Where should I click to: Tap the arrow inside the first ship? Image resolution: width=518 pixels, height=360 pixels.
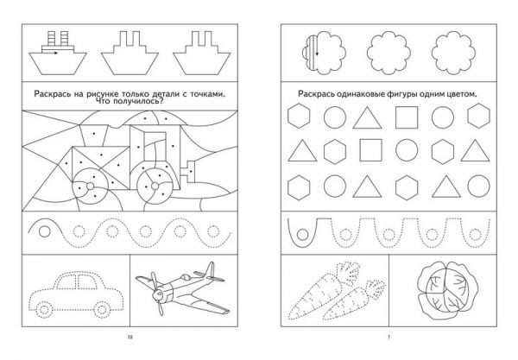coord(50,53)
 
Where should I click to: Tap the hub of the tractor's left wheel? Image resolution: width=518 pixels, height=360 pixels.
coord(90,186)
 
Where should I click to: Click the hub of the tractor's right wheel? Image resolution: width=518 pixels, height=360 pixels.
coord(155,186)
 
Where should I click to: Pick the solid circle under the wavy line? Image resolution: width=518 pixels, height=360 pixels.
coord(45,231)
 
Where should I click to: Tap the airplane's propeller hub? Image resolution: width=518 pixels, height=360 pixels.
coord(158,294)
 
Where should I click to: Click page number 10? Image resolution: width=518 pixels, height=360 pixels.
coord(129,338)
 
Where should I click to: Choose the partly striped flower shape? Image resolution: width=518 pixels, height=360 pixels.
coord(324,53)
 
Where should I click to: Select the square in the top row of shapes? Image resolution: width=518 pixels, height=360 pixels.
coord(407,117)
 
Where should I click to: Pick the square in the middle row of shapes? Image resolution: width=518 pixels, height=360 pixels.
coord(370,150)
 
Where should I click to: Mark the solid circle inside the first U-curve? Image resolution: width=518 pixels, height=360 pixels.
coord(303,235)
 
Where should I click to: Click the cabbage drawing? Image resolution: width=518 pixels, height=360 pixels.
coord(447,290)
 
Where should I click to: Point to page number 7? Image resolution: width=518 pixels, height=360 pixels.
coord(388,338)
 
